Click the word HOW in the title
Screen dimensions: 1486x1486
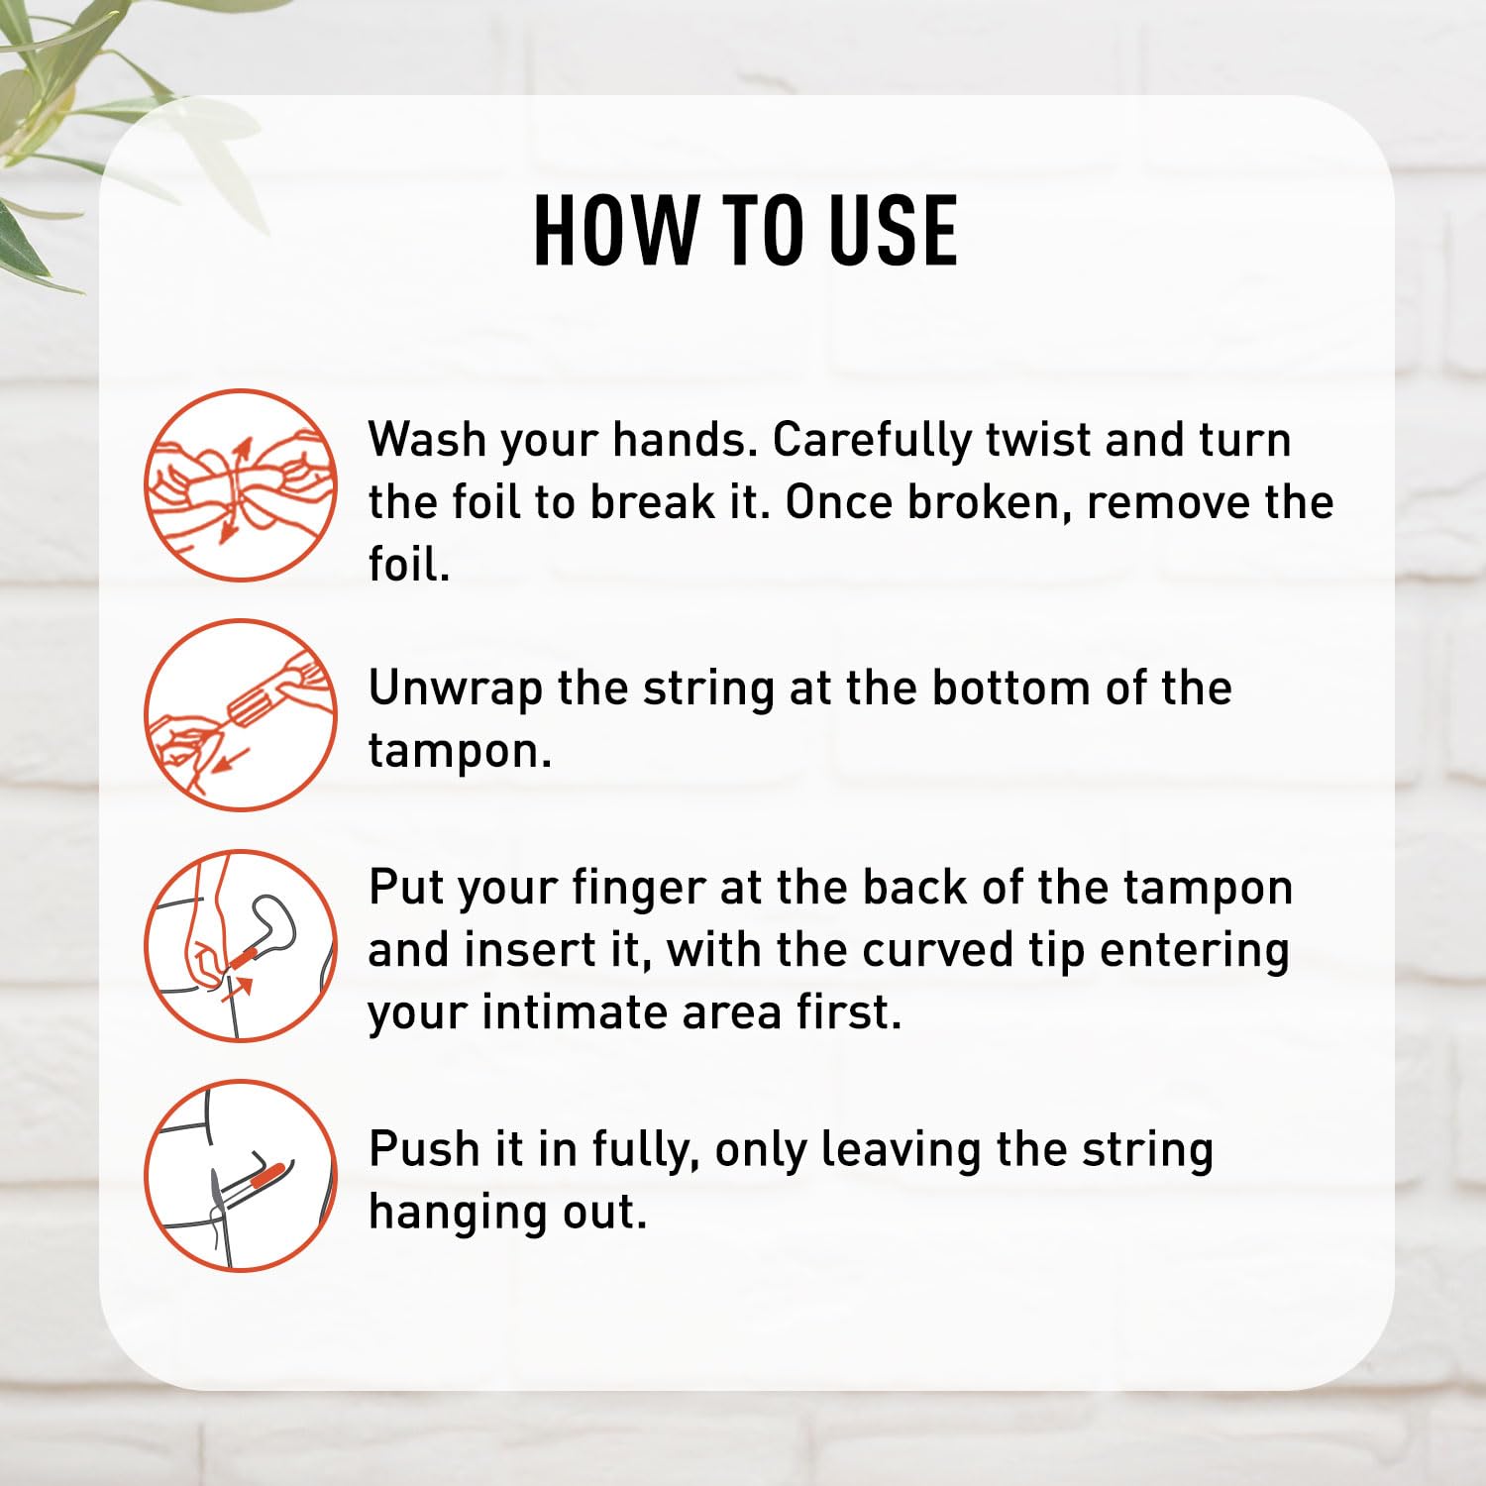tap(615, 231)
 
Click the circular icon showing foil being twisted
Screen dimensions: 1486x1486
tap(242, 485)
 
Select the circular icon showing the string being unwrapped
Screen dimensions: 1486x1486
tap(242, 715)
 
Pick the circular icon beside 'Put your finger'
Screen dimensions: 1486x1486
tap(242, 945)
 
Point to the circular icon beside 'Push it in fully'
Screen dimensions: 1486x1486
tap(242, 1175)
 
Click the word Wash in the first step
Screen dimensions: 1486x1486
tap(428, 439)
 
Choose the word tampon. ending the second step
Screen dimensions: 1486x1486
tap(460, 752)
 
